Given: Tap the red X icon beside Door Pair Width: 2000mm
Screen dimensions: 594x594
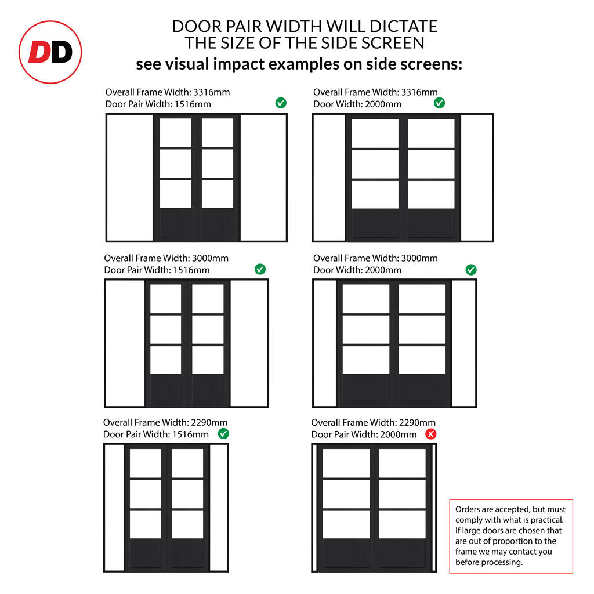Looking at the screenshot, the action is coord(431,434).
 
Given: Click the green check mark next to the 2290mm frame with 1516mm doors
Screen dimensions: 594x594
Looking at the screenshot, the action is coord(223,433).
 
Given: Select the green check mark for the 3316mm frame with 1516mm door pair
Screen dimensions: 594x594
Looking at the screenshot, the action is coord(281,103).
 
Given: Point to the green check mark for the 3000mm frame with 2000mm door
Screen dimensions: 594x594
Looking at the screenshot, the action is coord(471,270).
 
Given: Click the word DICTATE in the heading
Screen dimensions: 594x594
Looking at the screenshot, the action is coord(404,27).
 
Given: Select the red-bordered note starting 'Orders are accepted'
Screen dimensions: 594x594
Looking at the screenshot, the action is coord(511,536).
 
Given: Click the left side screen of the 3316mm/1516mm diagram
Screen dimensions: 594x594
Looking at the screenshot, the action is coord(131,178).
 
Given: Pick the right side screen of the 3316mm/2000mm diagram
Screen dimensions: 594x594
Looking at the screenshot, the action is coord(476,178).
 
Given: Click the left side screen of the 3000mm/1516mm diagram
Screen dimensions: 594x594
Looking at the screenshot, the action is coord(125,343).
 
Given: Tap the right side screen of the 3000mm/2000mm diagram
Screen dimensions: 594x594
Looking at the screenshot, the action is coord(463,343).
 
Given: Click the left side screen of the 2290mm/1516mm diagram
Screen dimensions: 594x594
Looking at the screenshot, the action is coord(115,508).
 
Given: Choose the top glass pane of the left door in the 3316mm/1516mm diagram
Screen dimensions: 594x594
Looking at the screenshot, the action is coord(176,133).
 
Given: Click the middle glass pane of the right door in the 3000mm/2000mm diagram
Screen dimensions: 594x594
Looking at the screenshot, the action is coord(422,329).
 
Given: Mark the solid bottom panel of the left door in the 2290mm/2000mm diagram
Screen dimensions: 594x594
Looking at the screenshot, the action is coord(346,554).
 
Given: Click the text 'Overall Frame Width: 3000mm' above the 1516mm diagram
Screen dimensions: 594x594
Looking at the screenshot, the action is coord(166,258).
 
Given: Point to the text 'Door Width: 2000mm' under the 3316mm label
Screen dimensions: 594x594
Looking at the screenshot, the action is coord(357,104).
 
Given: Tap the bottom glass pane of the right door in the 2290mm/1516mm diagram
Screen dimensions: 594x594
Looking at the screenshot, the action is coord(187,524).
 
